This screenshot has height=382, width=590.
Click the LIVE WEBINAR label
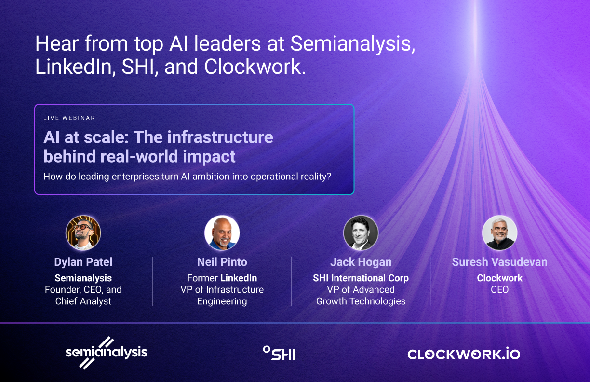coord(69,118)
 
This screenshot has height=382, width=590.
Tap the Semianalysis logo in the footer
coord(106,353)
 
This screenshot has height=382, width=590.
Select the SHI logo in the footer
coord(279,353)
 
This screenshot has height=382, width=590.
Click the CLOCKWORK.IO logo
coord(464,354)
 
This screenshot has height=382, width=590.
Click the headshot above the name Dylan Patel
coord(83,233)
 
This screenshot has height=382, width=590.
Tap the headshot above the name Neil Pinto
coord(222,233)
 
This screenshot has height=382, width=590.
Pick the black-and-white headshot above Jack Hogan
coord(361,233)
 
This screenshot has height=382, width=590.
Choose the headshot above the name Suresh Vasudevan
coord(500,233)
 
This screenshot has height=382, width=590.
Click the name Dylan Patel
coord(83,262)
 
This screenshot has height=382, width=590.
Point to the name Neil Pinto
coord(222,262)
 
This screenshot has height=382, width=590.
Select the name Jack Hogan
coord(361,262)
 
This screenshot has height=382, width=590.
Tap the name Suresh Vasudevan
coord(500,262)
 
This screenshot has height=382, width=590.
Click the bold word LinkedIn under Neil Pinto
coord(239,278)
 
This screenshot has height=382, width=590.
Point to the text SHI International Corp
coord(361,278)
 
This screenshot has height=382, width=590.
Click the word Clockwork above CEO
coord(500,278)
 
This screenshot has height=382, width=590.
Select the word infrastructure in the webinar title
coord(220,137)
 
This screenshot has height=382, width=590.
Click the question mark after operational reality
coord(328,177)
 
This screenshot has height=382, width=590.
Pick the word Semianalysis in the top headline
coord(353,44)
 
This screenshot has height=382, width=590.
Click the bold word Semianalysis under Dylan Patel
coord(83,278)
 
